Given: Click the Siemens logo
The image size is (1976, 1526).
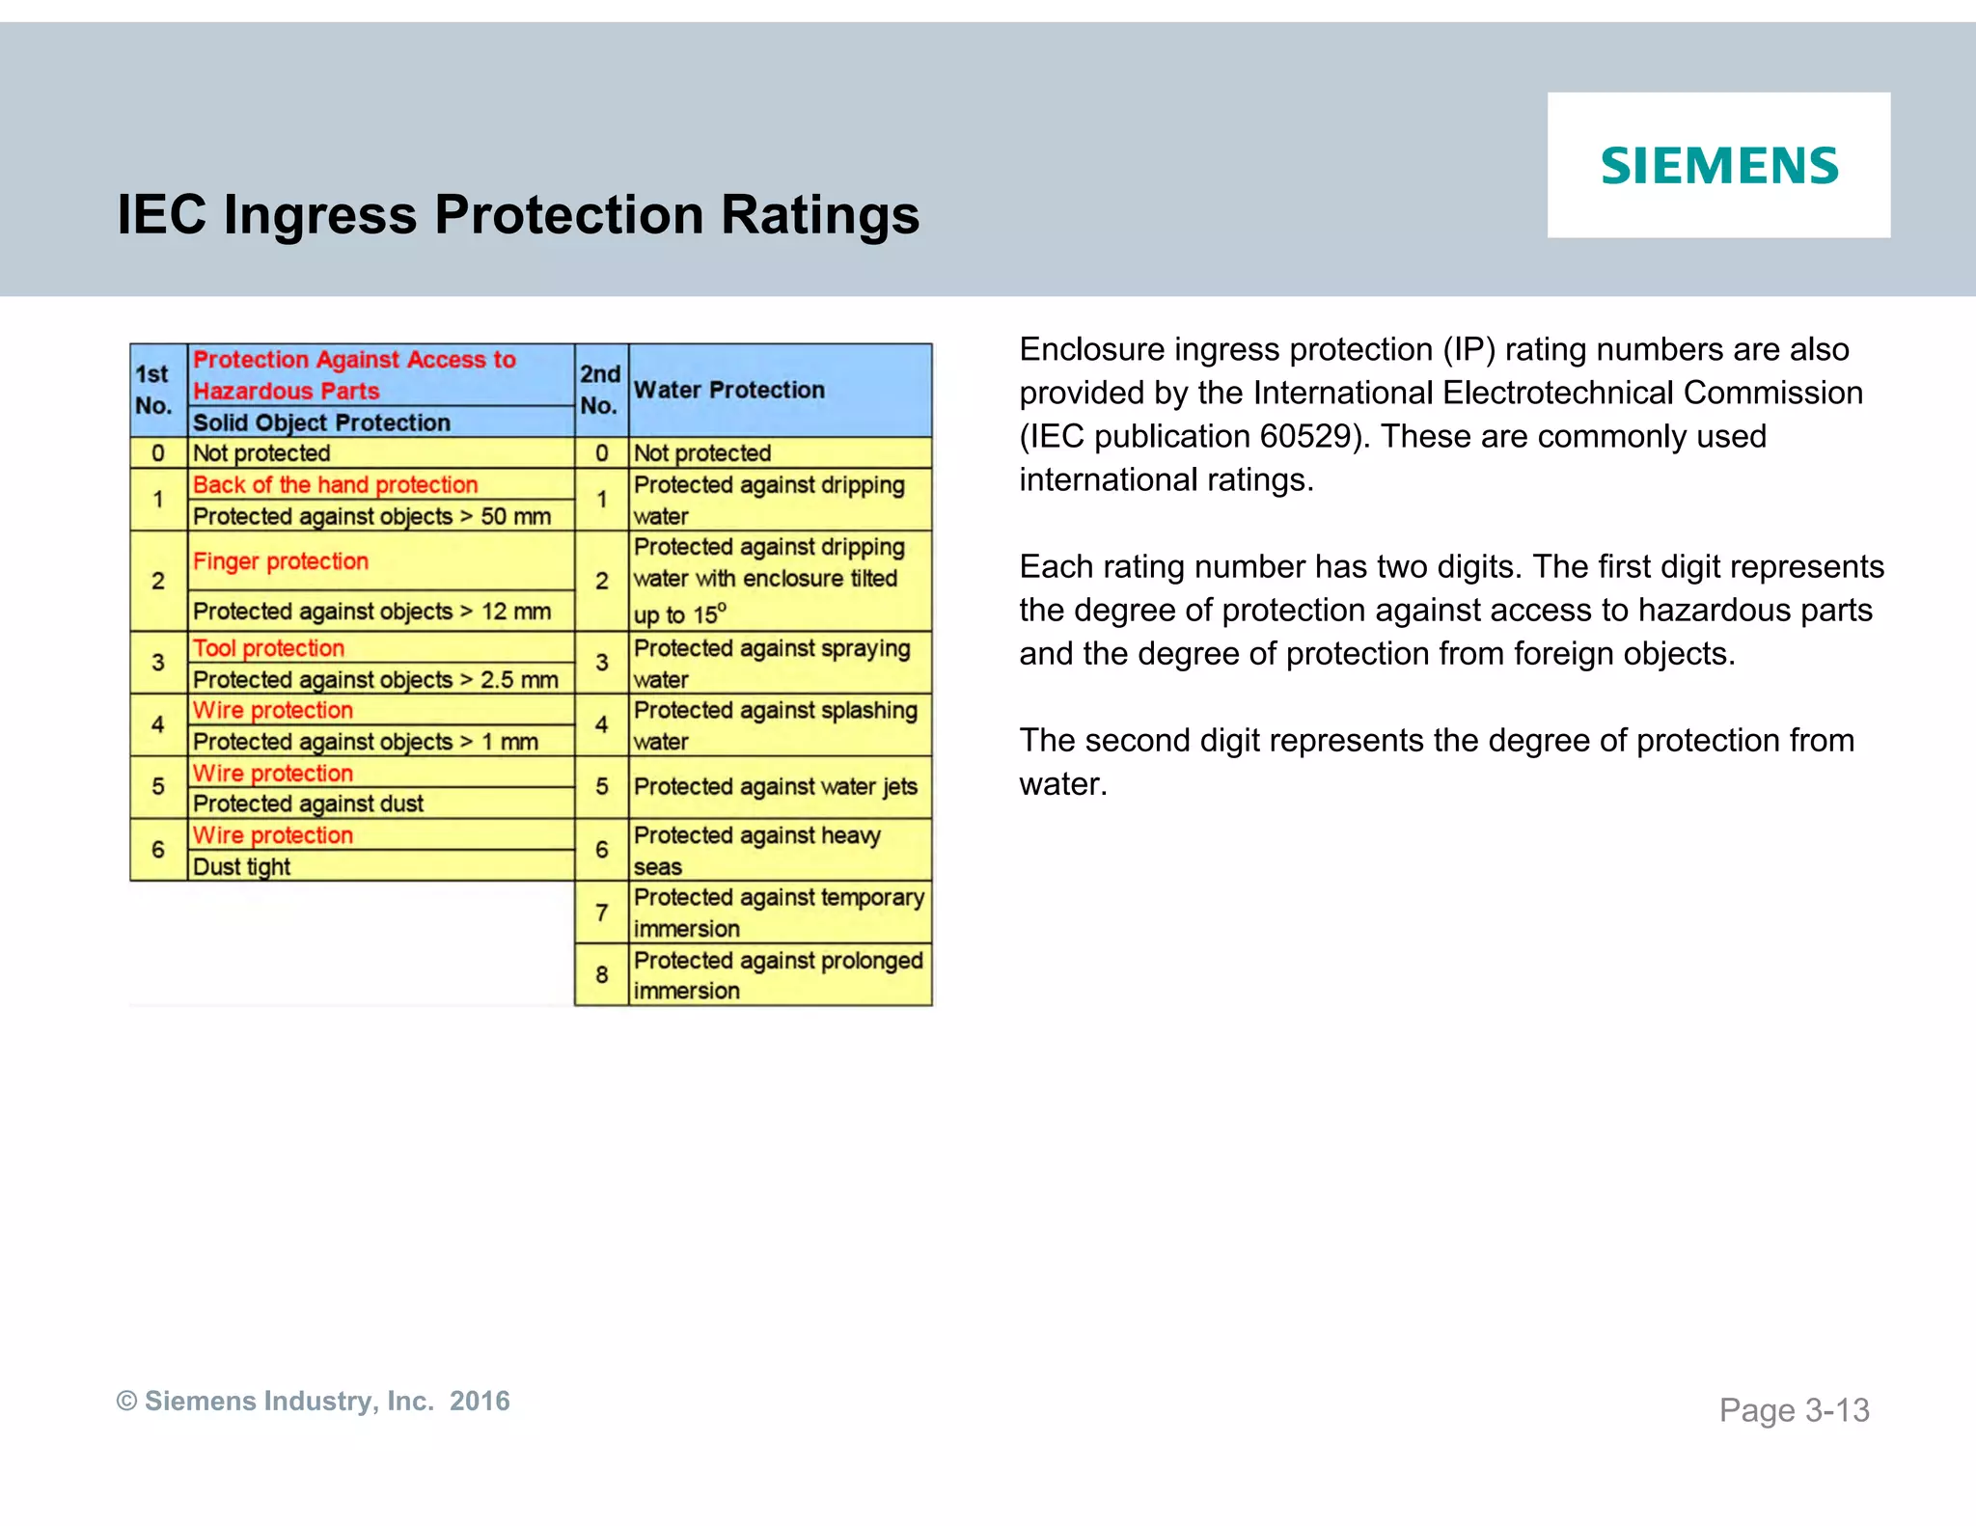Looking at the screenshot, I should (x=1718, y=165).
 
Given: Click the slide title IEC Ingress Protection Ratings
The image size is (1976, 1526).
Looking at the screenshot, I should (x=518, y=214).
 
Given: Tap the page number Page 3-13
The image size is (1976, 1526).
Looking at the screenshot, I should (x=1794, y=1410).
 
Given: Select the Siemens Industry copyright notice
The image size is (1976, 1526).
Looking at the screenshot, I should (x=313, y=1401).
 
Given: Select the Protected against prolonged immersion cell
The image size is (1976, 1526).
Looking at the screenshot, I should (x=778, y=975).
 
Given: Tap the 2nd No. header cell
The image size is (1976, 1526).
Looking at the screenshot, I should (x=600, y=390).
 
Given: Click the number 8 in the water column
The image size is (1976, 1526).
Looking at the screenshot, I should (x=601, y=975).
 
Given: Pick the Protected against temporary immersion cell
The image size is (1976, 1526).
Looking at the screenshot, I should (x=778, y=913).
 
